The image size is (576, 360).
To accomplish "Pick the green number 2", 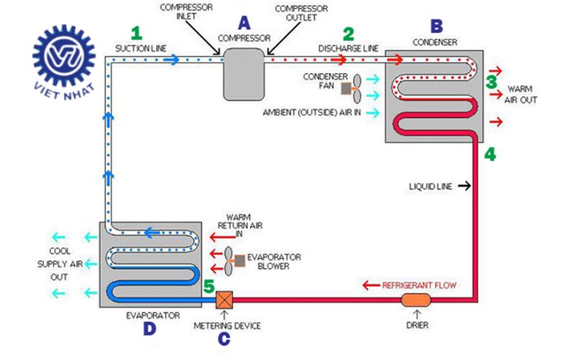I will [348, 33].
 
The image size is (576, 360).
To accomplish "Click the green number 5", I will [209, 287].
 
